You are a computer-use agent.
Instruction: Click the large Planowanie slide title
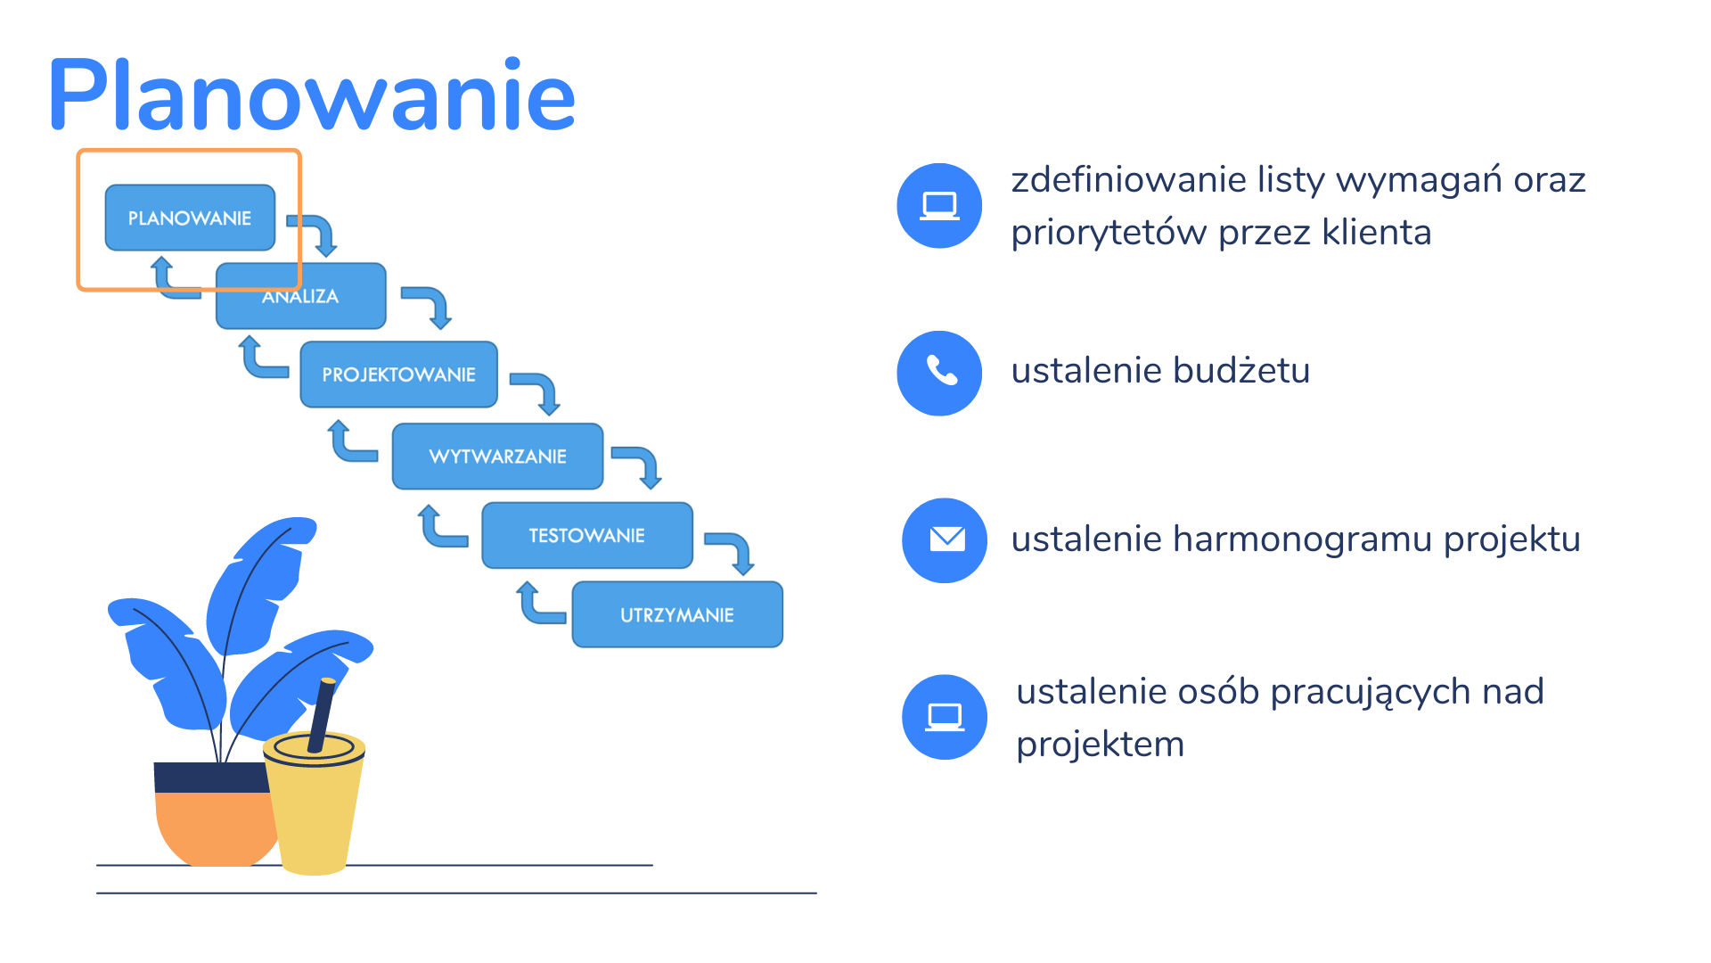(x=312, y=95)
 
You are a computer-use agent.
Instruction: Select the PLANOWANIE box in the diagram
(x=190, y=218)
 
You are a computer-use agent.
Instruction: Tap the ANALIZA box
(x=301, y=296)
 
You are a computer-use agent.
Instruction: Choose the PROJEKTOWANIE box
(x=398, y=374)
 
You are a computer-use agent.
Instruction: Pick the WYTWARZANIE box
(x=497, y=457)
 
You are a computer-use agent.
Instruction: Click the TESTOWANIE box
(x=587, y=535)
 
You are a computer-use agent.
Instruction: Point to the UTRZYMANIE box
(x=677, y=614)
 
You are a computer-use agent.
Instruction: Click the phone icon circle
(x=939, y=373)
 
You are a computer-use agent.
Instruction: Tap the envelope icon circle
(x=945, y=540)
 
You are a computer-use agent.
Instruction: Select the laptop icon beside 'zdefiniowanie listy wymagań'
(x=939, y=205)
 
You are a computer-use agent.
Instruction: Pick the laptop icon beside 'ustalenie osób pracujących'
(x=945, y=717)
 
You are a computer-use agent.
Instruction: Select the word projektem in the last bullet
(x=1101, y=745)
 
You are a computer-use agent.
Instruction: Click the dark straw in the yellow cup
(x=322, y=714)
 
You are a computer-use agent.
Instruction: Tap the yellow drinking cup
(x=315, y=802)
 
